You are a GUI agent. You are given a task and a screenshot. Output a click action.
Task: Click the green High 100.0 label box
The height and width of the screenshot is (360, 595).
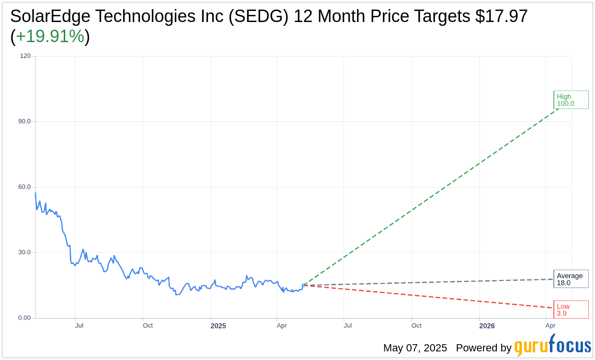click(571, 100)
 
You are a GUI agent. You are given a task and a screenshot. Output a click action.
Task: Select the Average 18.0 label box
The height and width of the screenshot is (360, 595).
click(571, 279)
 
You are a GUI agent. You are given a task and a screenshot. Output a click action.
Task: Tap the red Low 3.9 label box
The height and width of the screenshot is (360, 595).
click(571, 310)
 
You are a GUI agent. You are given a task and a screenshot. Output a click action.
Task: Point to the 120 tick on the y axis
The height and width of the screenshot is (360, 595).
click(25, 56)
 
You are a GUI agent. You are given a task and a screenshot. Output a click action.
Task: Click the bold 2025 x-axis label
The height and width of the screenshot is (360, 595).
click(218, 326)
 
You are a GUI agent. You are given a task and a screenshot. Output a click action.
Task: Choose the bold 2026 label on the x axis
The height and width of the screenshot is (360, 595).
click(487, 326)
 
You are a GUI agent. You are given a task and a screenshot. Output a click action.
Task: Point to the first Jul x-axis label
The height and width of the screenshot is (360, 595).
click(79, 326)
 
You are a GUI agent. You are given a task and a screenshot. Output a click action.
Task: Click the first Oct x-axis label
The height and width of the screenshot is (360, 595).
click(148, 326)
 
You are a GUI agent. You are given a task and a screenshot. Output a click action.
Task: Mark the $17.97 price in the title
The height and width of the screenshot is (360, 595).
click(502, 16)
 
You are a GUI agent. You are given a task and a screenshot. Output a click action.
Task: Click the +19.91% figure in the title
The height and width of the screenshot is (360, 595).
click(50, 36)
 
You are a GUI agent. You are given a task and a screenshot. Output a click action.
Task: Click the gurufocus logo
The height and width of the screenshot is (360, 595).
click(552, 346)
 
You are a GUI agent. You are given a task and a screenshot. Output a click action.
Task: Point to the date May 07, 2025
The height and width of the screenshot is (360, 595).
click(415, 348)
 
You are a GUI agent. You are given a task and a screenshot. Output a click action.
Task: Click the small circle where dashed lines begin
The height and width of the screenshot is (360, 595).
click(303, 285)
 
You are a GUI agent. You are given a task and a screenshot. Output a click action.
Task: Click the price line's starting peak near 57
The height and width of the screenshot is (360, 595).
click(35, 193)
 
